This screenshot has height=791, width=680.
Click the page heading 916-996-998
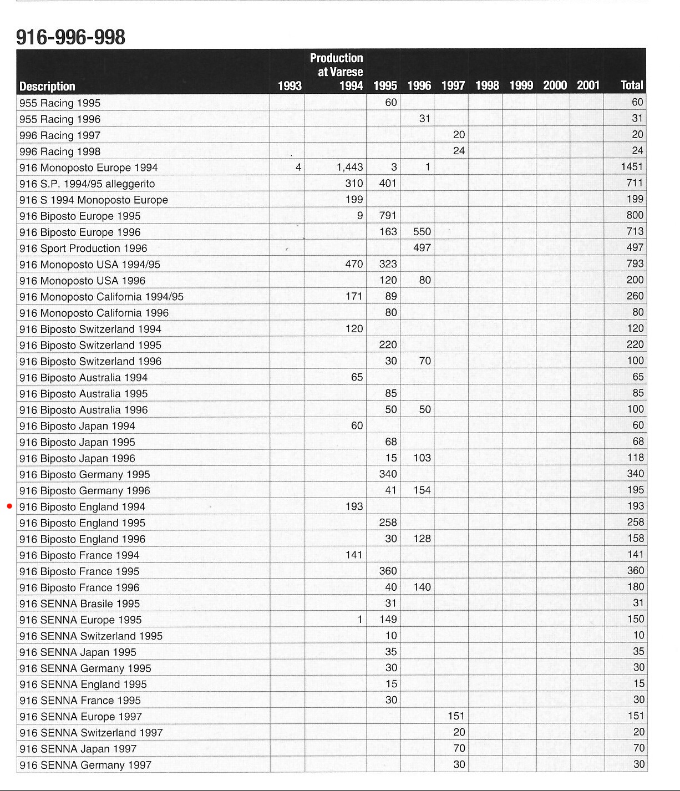coord(70,37)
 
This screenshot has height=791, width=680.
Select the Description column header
coord(47,86)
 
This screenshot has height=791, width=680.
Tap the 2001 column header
coord(588,85)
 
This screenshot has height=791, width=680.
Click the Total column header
coord(632,85)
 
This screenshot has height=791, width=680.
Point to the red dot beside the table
coord(9,506)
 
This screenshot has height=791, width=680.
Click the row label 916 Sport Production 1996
coord(83,248)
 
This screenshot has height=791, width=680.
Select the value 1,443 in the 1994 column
coord(349,167)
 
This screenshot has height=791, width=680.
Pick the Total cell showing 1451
coord(632,166)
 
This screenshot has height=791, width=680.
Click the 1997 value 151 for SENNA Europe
coord(456,716)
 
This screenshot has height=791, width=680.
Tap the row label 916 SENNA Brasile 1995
coord(79,604)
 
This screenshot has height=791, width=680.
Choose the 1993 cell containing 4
coord(298,167)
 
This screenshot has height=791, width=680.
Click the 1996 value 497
coord(422,248)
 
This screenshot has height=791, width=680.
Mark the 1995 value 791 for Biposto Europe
coord(388,215)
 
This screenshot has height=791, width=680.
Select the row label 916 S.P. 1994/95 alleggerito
coord(87,184)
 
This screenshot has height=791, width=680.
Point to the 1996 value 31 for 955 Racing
coord(424,118)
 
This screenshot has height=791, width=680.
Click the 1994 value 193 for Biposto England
coord(354,506)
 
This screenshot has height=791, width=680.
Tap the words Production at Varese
coord(336,64)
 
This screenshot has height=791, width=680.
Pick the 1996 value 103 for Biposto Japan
coord(422,458)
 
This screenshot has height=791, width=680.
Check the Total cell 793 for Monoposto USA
coord(635,263)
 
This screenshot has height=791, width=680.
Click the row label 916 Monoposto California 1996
coord(94,313)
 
